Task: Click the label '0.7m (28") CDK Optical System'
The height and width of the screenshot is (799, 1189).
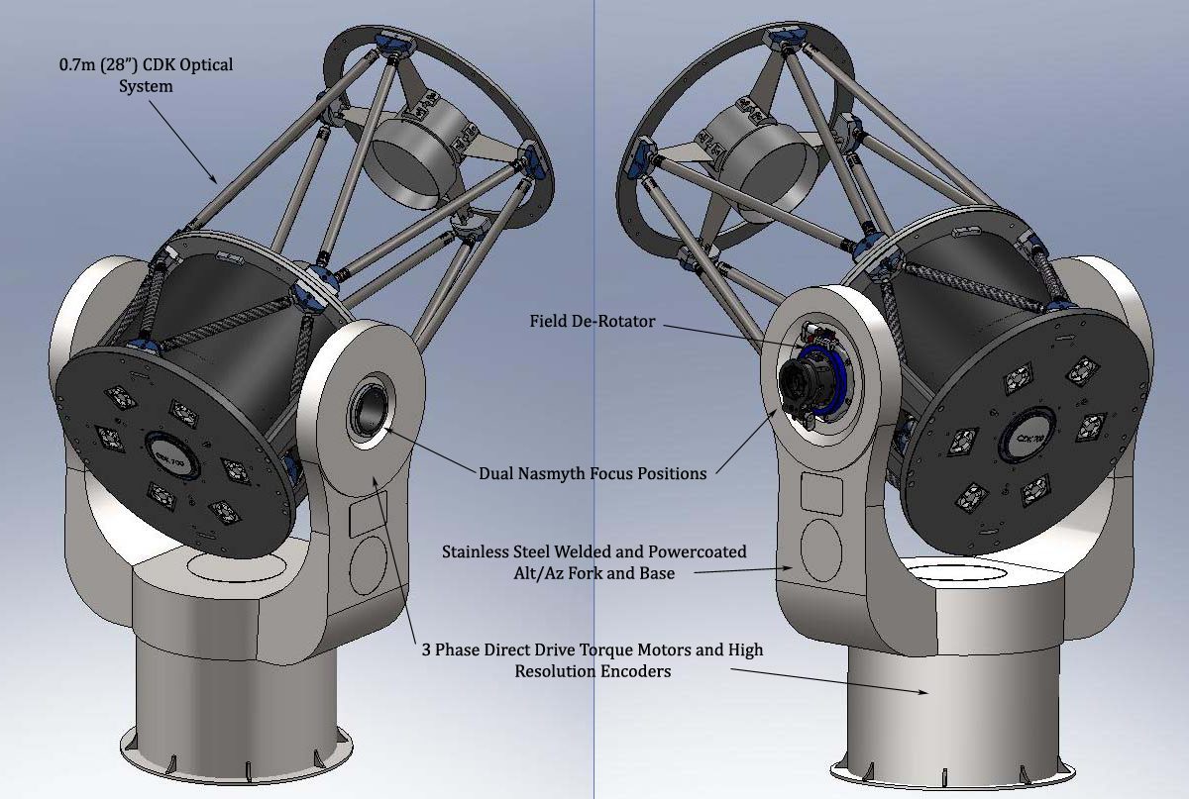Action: click(x=146, y=75)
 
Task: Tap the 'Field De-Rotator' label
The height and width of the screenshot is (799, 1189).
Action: click(x=593, y=321)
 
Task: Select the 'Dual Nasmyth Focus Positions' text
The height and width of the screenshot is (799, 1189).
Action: click(x=593, y=473)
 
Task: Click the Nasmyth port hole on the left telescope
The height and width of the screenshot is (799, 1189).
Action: click(x=370, y=411)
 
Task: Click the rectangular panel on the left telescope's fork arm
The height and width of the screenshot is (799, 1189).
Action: click(x=368, y=514)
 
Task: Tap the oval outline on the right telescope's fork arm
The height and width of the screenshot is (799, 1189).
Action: click(x=821, y=549)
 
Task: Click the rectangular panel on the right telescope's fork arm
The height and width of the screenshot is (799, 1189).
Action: click(x=821, y=494)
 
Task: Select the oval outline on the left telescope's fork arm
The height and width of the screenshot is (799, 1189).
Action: click(x=369, y=565)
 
